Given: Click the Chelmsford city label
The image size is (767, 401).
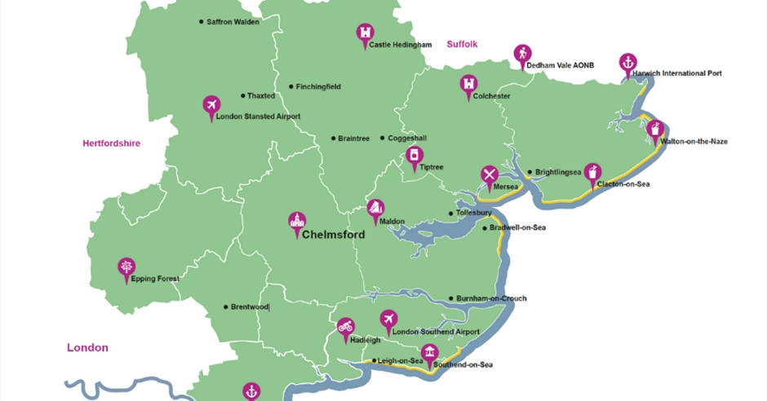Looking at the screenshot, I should [x=332, y=236].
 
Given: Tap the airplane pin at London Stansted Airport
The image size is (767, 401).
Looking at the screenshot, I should [x=211, y=105].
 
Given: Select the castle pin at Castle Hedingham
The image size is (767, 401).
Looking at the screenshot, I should [x=364, y=33].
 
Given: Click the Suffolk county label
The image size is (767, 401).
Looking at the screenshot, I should [x=462, y=44].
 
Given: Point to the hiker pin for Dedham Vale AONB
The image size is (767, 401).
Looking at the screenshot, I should [x=521, y=54].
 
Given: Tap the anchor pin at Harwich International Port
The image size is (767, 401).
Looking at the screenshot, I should [x=627, y=62].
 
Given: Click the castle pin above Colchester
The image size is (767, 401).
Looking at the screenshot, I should [x=468, y=84].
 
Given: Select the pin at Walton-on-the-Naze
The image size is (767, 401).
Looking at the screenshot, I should [x=654, y=130].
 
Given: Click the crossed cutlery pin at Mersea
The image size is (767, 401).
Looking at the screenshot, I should [x=489, y=174].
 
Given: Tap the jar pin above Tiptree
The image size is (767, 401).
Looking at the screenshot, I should [x=415, y=156].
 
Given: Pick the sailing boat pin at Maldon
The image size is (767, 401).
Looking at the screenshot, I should [x=375, y=209].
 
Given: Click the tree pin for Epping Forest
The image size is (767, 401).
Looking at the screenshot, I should [x=126, y=267].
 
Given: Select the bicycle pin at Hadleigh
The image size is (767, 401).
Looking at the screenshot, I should [x=346, y=328].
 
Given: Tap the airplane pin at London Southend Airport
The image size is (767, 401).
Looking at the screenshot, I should [x=388, y=319].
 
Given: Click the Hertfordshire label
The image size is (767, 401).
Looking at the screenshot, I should [x=111, y=143].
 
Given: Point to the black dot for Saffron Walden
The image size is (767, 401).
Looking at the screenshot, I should [x=202, y=22].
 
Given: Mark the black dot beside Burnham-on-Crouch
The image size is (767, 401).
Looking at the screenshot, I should [x=451, y=298].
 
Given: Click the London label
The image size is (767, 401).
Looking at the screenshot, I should [x=87, y=348].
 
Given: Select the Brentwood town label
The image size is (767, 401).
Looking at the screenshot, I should [x=250, y=307].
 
